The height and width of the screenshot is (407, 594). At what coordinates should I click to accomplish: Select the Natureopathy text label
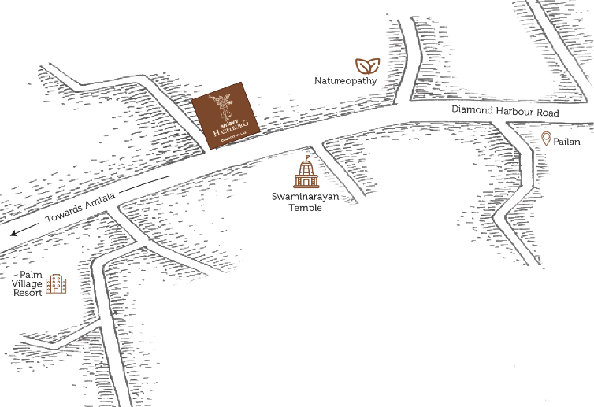click(x=346, y=81)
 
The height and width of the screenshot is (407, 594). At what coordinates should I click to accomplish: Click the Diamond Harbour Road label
click(x=505, y=113)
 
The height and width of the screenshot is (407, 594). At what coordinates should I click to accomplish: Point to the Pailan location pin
click(x=546, y=139)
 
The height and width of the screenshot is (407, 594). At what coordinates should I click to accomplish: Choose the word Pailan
click(x=567, y=142)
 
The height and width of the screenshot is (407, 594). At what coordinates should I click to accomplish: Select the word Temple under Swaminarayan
click(x=305, y=208)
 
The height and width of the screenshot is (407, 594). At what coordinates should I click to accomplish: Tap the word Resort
click(x=28, y=293)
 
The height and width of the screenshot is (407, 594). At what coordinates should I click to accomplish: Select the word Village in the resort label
click(x=28, y=283)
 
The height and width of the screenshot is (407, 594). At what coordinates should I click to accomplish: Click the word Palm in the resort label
click(x=31, y=274)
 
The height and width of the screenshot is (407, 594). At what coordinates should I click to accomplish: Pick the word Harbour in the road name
click(x=516, y=113)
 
